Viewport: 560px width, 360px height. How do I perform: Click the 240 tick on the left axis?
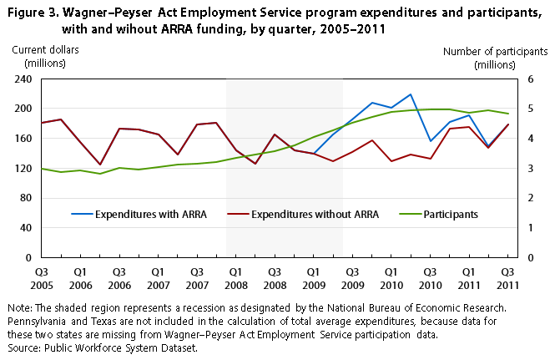coord(23,79)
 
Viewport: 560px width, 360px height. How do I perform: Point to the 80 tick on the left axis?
coord(25,198)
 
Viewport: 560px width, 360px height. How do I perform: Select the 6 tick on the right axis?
coord(528,79)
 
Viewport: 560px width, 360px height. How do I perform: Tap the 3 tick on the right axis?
coord(528,168)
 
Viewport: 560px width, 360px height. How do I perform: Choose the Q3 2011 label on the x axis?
coord(507,278)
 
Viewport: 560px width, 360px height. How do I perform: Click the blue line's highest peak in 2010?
coord(411,94)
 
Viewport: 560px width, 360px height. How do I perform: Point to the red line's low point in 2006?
coord(100,165)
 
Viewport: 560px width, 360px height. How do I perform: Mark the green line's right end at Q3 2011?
coord(507,114)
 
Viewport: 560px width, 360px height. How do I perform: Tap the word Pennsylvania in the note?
coord(33,321)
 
